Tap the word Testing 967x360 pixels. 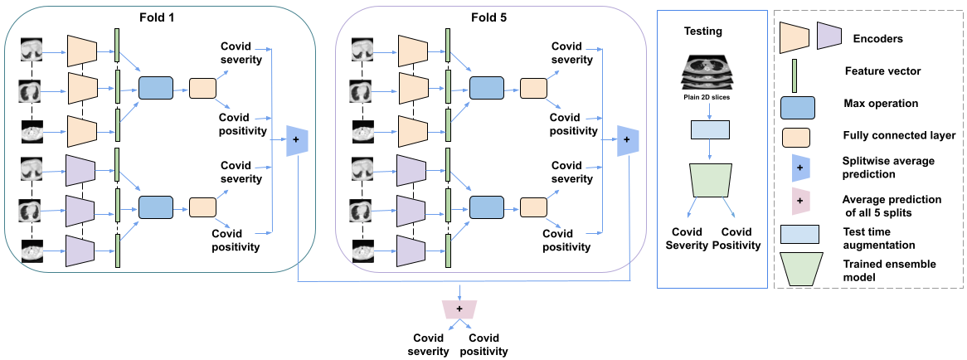[x=702, y=32]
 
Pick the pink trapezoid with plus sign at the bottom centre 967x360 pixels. [x=459, y=308]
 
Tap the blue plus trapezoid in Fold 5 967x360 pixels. [x=628, y=140]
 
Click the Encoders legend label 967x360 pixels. [x=877, y=38]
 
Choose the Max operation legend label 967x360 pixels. [x=881, y=105]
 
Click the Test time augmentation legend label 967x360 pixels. [x=877, y=238]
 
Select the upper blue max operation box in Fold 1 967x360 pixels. [x=155, y=88]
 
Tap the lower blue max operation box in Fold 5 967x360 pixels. [x=486, y=207]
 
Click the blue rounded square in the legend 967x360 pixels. [x=799, y=105]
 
